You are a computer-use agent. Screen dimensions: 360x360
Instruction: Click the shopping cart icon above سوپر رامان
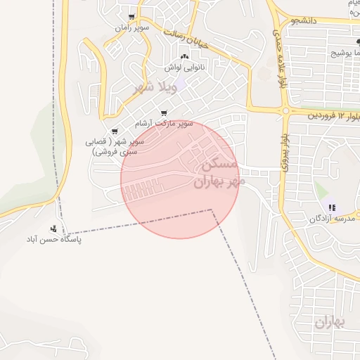point(131,17)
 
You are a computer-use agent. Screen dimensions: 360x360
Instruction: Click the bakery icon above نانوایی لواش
point(185,56)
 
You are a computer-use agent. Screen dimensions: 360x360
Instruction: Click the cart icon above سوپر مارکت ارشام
point(165,112)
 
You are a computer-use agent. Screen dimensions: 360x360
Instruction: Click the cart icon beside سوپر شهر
point(115,131)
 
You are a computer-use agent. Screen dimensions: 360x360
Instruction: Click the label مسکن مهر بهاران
point(220,174)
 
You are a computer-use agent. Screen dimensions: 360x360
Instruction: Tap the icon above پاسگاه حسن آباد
point(53,229)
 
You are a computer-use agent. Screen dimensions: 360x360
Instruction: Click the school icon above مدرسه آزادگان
point(332,207)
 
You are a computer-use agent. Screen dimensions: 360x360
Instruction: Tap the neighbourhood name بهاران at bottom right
point(331,323)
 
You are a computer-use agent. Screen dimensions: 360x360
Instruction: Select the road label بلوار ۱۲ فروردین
point(331,115)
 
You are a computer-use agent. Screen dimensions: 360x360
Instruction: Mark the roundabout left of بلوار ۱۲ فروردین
point(285,110)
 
